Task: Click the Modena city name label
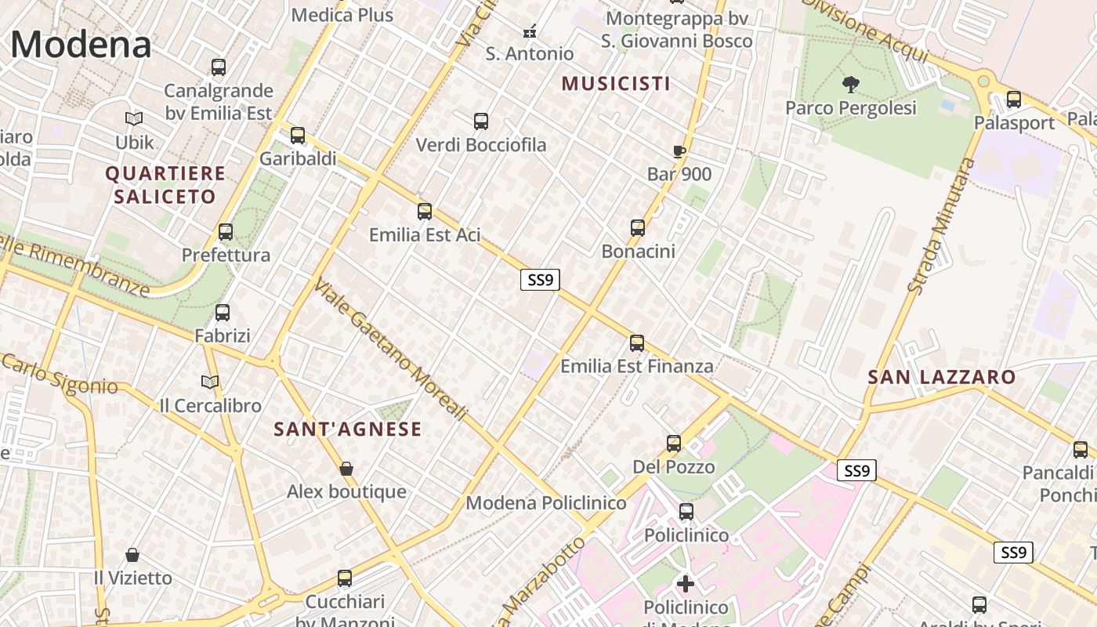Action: (x=81, y=44)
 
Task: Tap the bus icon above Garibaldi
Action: (x=298, y=135)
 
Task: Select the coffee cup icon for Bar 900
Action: (x=679, y=151)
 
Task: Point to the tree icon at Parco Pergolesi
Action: (x=850, y=84)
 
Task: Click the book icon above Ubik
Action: (x=135, y=119)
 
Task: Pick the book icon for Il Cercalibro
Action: (x=210, y=382)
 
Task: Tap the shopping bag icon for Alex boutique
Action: (x=346, y=469)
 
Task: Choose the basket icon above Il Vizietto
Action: (x=132, y=555)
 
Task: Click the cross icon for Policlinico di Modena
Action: (x=686, y=583)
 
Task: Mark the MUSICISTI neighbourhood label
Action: (x=616, y=84)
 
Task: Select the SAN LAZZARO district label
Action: (x=941, y=378)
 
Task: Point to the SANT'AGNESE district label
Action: (x=348, y=429)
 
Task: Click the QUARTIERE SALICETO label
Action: (x=165, y=185)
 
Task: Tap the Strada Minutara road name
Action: (x=942, y=226)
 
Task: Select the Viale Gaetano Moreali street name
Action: (x=390, y=350)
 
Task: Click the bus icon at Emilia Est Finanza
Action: (x=637, y=343)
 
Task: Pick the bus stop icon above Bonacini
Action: (x=638, y=228)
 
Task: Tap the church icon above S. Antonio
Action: (x=530, y=31)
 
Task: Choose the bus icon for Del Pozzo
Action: (x=674, y=444)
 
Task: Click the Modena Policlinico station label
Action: (x=546, y=503)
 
